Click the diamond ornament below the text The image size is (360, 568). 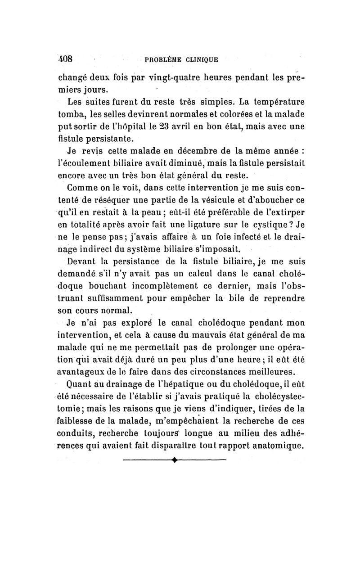click(x=173, y=460)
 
